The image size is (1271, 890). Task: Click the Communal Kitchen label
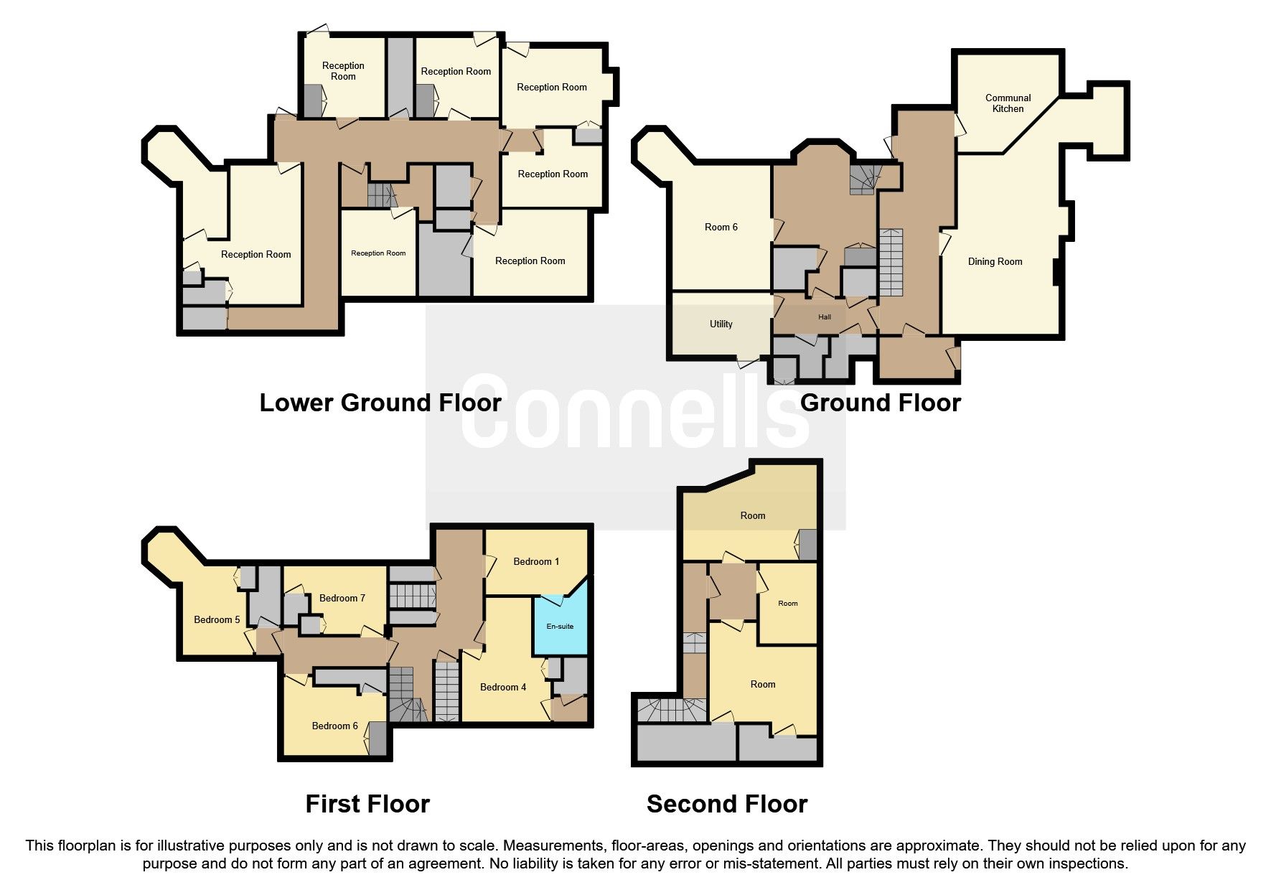pyautogui.click(x=1008, y=103)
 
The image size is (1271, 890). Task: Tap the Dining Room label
pyautogui.click(x=995, y=262)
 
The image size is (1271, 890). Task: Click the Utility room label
pyautogui.click(x=721, y=324)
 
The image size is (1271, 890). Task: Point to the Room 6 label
pyautogui.click(x=721, y=228)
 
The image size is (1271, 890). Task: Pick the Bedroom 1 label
pyautogui.click(x=536, y=562)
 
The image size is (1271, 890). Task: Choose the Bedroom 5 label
pyautogui.click(x=217, y=620)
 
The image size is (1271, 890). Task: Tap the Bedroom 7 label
pyautogui.click(x=342, y=599)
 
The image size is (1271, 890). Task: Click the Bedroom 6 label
pyautogui.click(x=334, y=726)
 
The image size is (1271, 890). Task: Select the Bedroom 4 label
pyautogui.click(x=503, y=688)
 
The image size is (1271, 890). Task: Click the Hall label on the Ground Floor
pyautogui.click(x=825, y=317)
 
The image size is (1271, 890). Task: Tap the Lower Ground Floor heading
pyautogui.click(x=380, y=403)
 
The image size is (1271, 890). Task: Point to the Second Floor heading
pyautogui.click(x=727, y=805)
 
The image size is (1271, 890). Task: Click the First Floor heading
pyautogui.click(x=367, y=805)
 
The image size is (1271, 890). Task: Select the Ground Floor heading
pyautogui.click(x=881, y=403)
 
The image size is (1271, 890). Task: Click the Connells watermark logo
pyautogui.click(x=636, y=411)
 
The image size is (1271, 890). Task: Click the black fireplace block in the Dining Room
pyautogui.click(x=1057, y=272)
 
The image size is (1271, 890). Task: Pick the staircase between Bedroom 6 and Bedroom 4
pyautogui.click(x=446, y=691)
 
